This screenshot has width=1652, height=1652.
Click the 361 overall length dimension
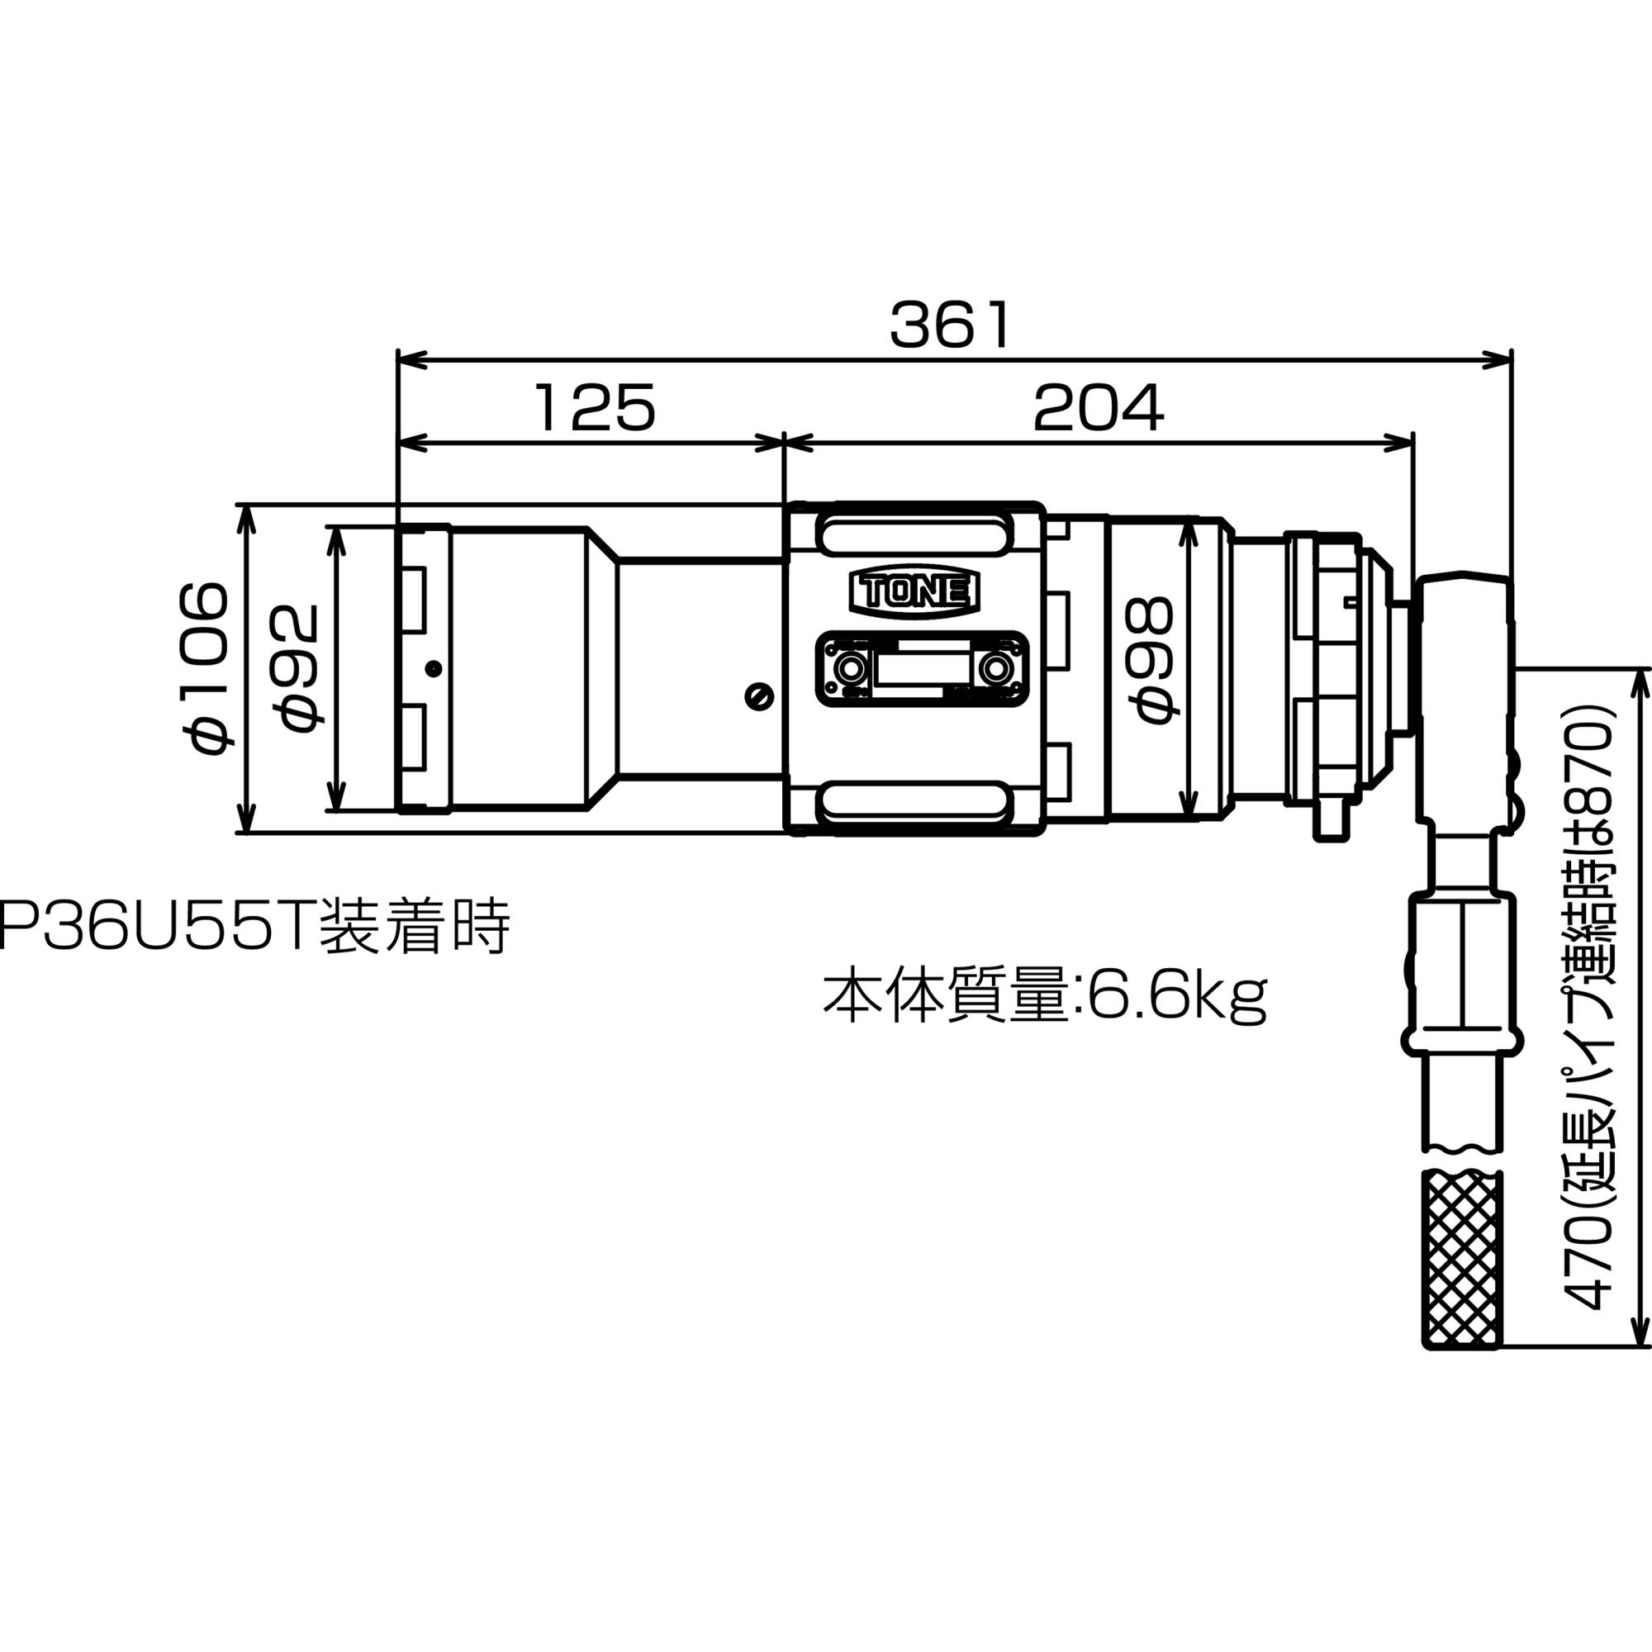click(949, 325)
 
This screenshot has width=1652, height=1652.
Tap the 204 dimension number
click(1098, 408)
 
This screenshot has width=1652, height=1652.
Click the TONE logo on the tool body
click(914, 591)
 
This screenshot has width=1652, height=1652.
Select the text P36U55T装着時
click(254, 926)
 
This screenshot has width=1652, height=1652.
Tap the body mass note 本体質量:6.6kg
click(1044, 996)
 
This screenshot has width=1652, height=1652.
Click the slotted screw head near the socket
click(759, 697)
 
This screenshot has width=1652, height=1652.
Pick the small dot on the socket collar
click(434, 667)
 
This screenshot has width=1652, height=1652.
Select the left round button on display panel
click(849, 666)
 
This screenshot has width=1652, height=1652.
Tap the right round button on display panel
click(995, 666)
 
